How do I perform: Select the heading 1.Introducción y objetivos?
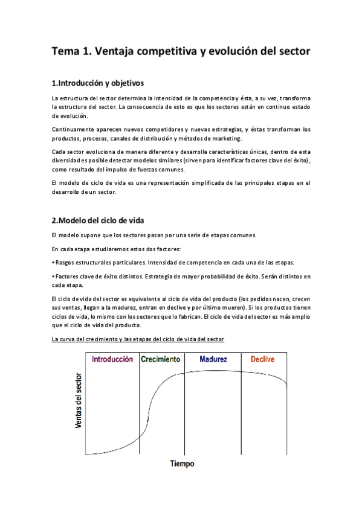98,82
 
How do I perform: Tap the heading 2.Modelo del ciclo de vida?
98,219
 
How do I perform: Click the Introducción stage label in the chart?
112,359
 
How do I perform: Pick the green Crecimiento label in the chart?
160,359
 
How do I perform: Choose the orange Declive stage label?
262,359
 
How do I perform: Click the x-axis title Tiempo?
182,464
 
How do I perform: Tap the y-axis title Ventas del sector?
79,401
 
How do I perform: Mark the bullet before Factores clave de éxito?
53,276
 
